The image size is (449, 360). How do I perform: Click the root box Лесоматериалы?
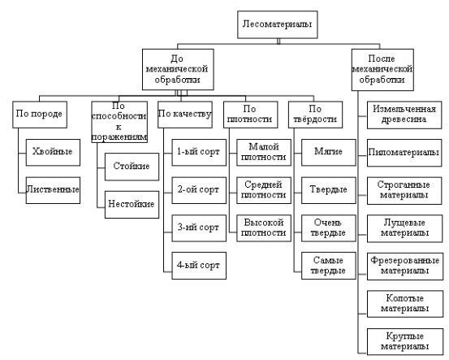pyautogui.click(x=278, y=24)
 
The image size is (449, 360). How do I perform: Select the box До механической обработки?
pyautogui.click(x=178, y=69)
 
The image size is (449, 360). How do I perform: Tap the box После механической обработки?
pyautogui.click(x=382, y=70)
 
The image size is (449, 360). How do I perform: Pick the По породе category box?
pyautogui.click(x=40, y=115)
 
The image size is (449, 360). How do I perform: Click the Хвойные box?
pyautogui.click(x=53, y=153)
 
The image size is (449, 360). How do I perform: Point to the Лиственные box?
pyautogui.click(x=53, y=190)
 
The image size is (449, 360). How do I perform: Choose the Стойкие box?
pyautogui.click(x=132, y=167)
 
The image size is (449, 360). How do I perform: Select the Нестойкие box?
pyautogui.click(x=132, y=205)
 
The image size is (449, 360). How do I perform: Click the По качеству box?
pyautogui.click(x=185, y=115)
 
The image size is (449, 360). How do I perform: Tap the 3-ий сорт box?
pyautogui.click(x=199, y=228)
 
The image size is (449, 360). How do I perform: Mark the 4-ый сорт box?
pyautogui.click(x=199, y=266)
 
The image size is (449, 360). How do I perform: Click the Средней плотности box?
pyautogui.click(x=264, y=190)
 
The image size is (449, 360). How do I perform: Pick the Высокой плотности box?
pyautogui.click(x=264, y=228)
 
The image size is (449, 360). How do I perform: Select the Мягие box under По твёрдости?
pyautogui.click(x=329, y=153)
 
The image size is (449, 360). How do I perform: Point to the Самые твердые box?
pyautogui.click(x=329, y=266)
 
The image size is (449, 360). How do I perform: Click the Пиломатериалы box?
pyautogui.click(x=404, y=153)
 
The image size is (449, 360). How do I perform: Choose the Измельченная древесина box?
pyautogui.click(x=404, y=115)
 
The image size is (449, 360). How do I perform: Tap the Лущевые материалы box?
pyautogui.click(x=405, y=228)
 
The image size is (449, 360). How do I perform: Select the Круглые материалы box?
pyautogui.click(x=405, y=342)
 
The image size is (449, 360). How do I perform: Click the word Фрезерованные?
pyautogui.click(x=405, y=261)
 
